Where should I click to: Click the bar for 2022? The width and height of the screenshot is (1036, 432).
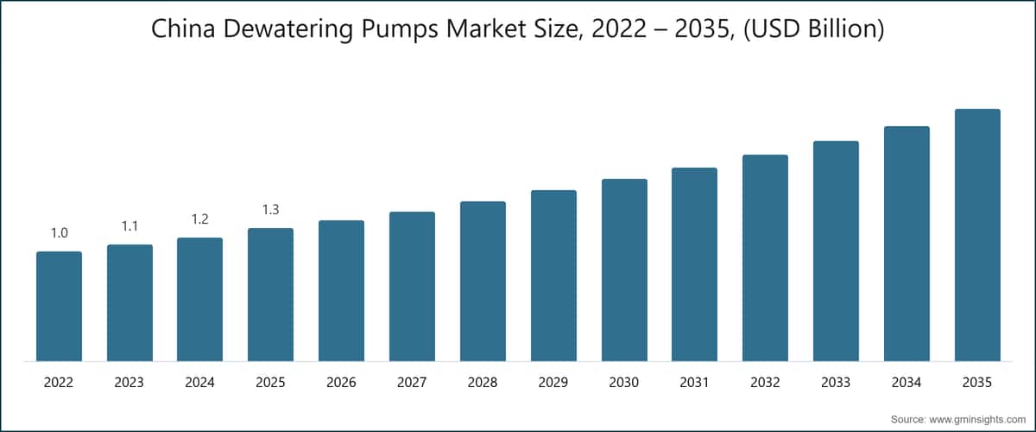tap(59, 307)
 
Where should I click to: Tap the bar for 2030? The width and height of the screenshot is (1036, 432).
tap(624, 270)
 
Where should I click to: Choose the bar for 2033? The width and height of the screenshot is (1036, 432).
tap(836, 251)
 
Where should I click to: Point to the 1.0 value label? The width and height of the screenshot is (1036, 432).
tap(59, 233)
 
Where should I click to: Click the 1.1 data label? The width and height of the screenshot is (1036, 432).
tap(129, 226)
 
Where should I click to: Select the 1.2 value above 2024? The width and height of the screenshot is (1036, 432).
tap(200, 219)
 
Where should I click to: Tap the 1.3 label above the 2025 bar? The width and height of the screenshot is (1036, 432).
tap(270, 210)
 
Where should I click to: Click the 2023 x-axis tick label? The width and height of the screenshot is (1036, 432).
tap(129, 382)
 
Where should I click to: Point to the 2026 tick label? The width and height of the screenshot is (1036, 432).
tap(341, 382)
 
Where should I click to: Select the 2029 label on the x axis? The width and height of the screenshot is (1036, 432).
tap(553, 382)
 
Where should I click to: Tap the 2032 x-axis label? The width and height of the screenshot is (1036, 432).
tap(765, 382)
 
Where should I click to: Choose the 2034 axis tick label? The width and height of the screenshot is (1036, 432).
tap(906, 382)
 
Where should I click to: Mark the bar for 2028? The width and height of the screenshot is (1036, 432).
tap(483, 282)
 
